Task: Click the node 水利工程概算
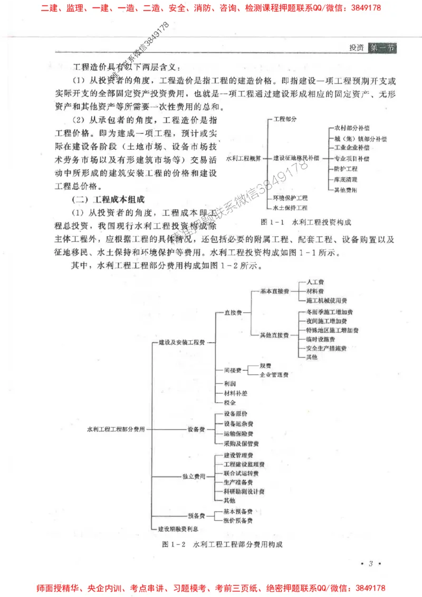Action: tap(243, 158)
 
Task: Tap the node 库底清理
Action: tap(346, 179)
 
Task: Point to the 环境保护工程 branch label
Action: tap(290, 198)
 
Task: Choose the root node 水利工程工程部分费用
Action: tap(116, 429)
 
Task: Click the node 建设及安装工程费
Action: tap(182, 342)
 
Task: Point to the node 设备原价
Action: tap(235, 413)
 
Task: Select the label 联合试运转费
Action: tap(241, 473)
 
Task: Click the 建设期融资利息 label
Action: tap(178, 528)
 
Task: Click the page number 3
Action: tap(371, 564)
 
